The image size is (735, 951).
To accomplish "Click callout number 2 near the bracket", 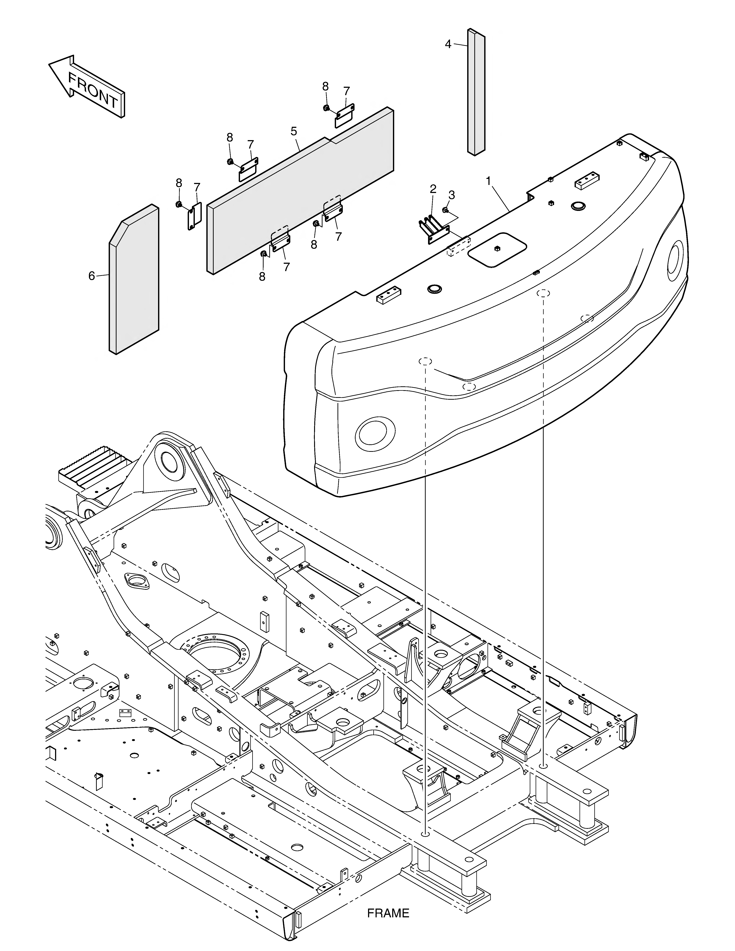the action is coord(433,189).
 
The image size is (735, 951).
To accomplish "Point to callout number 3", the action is coord(451,195).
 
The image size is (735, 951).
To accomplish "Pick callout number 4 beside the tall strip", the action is coord(448,44).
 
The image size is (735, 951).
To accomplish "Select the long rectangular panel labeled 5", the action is coord(300,191).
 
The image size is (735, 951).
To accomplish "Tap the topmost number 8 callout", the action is coord(325,86).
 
